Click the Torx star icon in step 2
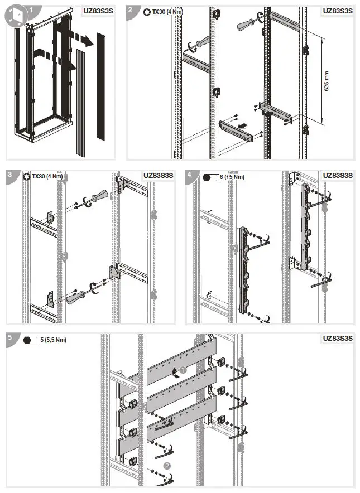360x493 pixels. point(147,11)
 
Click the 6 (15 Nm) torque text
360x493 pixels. point(231,177)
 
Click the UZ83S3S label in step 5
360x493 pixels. point(338,339)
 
